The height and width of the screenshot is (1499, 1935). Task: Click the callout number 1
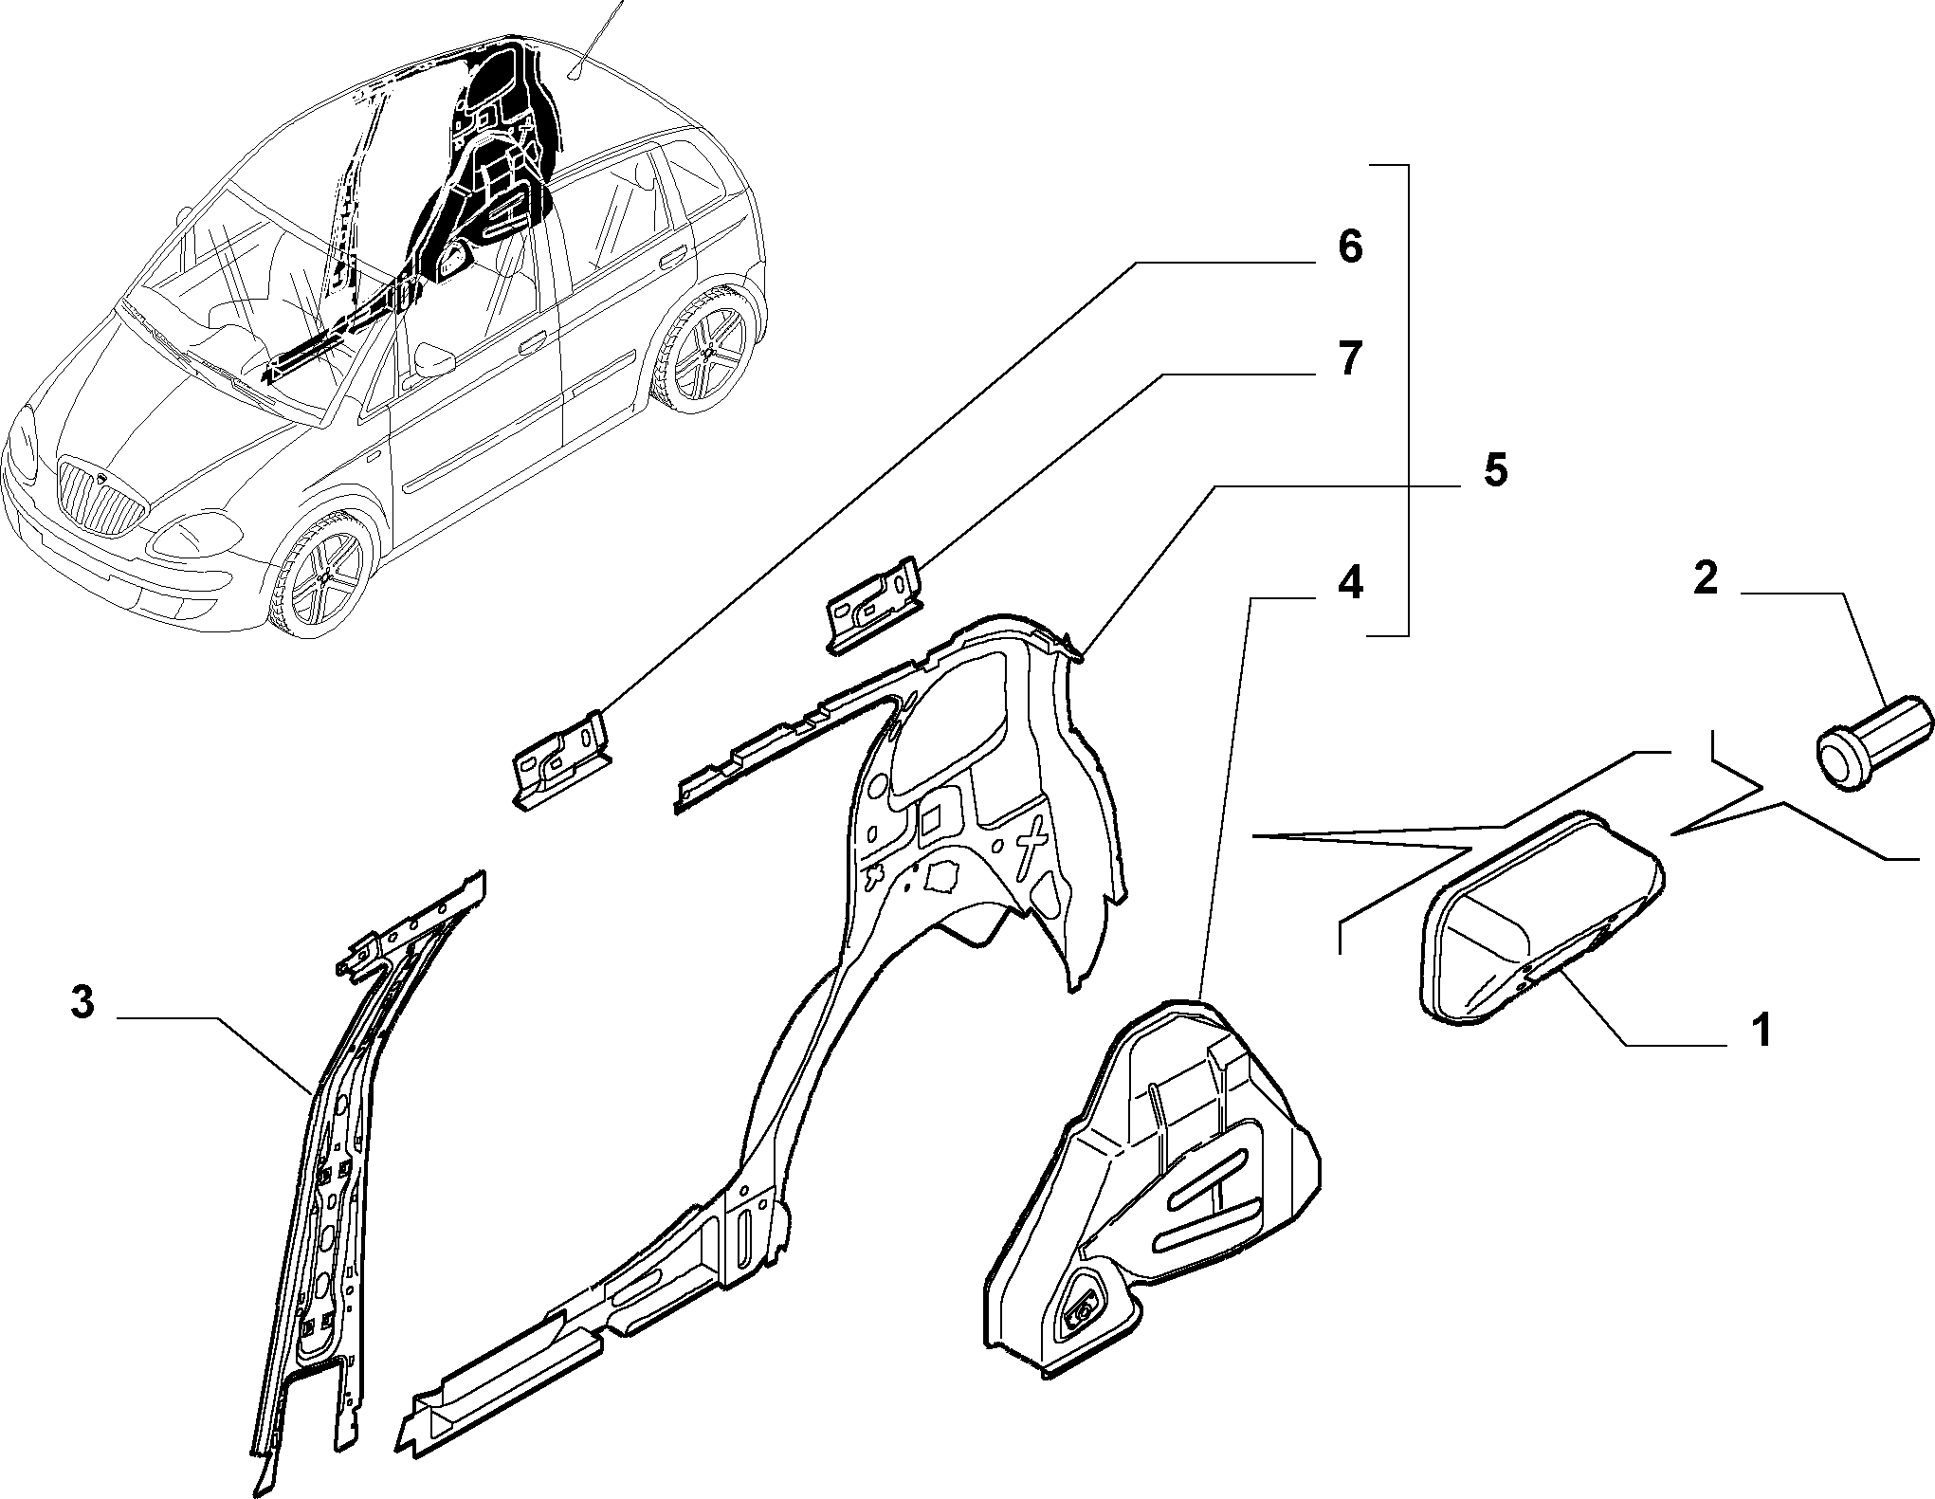[1761, 1030]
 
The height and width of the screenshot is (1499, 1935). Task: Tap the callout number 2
[1706, 577]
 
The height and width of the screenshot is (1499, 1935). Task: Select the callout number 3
[83, 1002]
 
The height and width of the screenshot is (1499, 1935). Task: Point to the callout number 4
[1350, 581]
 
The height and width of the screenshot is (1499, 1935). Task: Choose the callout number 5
[1495, 470]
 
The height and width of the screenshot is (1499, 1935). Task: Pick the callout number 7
[1350, 359]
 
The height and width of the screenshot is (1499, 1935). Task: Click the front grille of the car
[100, 495]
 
